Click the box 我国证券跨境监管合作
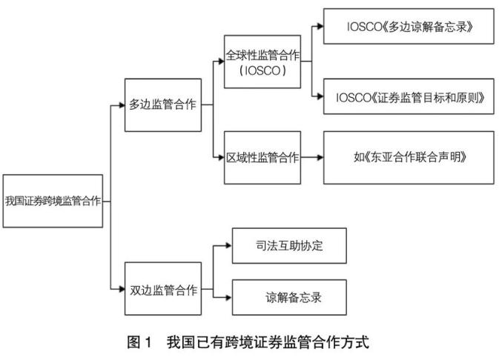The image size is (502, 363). (53, 201)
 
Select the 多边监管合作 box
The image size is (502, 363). (163, 104)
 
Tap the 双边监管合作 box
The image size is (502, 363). (163, 288)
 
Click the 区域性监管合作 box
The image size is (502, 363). (262, 157)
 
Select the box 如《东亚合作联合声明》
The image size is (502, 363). (409, 157)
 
